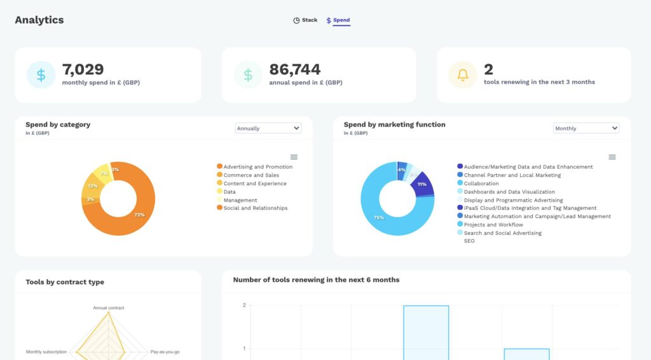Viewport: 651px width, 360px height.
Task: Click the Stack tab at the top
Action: (x=306, y=20)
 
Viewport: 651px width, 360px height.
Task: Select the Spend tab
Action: (x=338, y=20)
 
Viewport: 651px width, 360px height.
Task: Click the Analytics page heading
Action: (x=39, y=20)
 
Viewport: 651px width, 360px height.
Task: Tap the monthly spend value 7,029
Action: (x=83, y=69)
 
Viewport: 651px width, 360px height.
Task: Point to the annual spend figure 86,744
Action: (x=294, y=69)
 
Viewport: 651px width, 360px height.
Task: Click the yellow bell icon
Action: (x=463, y=75)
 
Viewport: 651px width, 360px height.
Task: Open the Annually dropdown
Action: (x=268, y=128)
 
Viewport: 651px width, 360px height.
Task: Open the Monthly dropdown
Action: (x=586, y=128)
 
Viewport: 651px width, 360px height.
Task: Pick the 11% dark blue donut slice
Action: (x=422, y=184)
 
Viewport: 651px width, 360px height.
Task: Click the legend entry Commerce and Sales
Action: (x=251, y=175)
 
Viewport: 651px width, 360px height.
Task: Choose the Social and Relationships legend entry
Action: (x=255, y=208)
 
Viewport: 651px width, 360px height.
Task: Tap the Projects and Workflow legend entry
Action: (x=493, y=225)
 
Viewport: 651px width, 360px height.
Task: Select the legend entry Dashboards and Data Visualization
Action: (x=509, y=191)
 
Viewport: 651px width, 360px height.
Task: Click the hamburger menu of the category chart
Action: (x=294, y=157)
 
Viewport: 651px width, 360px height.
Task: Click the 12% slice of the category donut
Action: (x=91, y=187)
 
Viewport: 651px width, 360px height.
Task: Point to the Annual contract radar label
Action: (x=109, y=308)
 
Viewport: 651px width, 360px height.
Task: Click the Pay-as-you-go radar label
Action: (x=165, y=352)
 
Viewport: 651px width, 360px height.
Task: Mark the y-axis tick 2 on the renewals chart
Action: (x=244, y=305)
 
